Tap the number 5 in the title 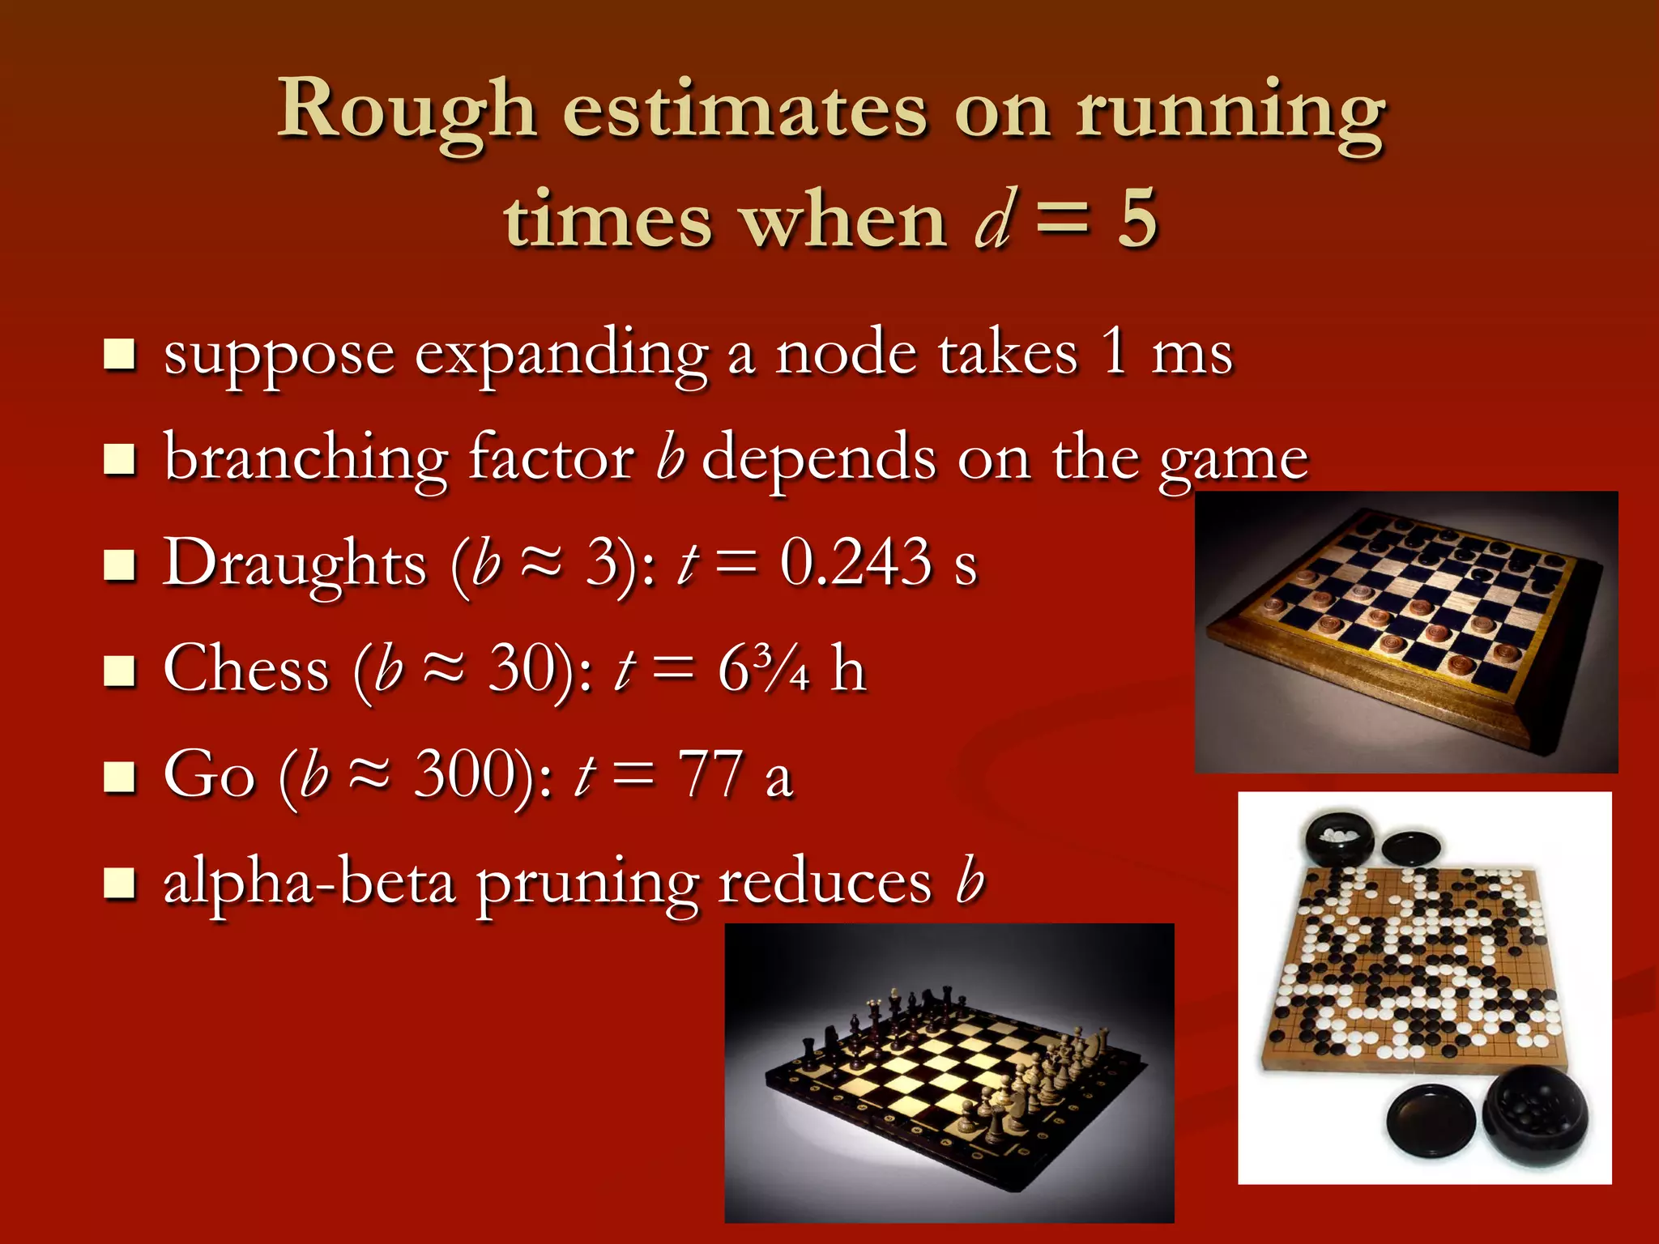1137,219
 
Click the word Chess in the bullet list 246,670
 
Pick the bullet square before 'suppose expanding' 120,355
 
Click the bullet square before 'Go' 120,776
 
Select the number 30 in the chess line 522,670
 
